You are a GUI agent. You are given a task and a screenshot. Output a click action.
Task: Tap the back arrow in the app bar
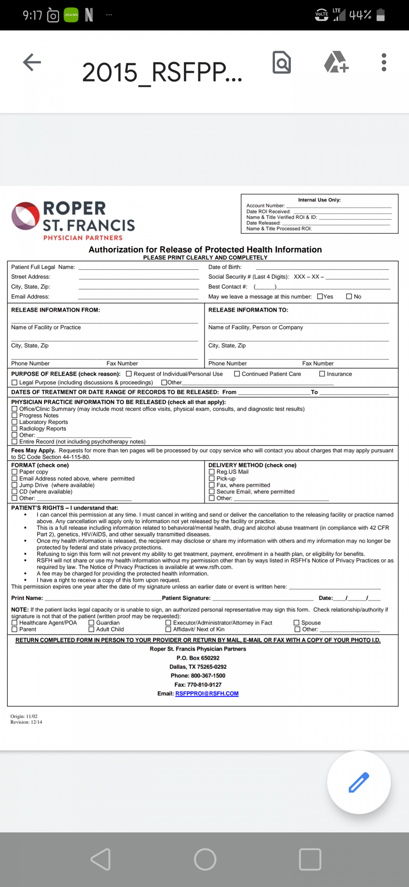pyautogui.click(x=32, y=62)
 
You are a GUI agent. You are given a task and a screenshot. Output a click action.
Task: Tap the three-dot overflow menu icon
pyautogui.click(x=384, y=62)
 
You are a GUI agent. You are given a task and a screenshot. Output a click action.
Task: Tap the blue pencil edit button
pyautogui.click(x=359, y=782)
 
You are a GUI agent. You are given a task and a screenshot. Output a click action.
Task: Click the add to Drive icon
pyautogui.click(x=336, y=62)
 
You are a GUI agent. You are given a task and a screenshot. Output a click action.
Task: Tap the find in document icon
pyautogui.click(x=282, y=62)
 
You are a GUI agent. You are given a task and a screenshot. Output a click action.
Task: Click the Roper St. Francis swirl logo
pyautogui.click(x=25, y=216)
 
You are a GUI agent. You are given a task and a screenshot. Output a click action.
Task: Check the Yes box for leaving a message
pyautogui.click(x=320, y=297)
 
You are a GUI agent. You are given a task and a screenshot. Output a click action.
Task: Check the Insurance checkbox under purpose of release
pyautogui.click(x=322, y=374)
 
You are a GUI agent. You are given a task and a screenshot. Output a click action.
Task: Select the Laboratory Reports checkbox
pyautogui.click(x=15, y=422)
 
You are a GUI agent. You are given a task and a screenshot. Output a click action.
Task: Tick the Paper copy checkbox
pyautogui.click(x=15, y=472)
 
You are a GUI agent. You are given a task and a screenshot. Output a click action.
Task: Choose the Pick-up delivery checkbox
pyautogui.click(x=212, y=479)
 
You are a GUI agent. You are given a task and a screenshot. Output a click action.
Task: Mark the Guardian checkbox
pyautogui.click(x=91, y=623)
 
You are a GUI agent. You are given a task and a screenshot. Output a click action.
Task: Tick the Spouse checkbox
pyautogui.click(x=297, y=623)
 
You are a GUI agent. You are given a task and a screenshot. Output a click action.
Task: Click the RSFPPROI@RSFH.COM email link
pyautogui.click(x=207, y=694)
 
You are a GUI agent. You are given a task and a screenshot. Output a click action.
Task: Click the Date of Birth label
pyautogui.click(x=225, y=267)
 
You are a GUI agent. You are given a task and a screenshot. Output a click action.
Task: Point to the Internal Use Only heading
pyautogui.click(x=319, y=200)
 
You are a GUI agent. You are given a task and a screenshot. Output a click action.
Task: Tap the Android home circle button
pyautogui.click(x=205, y=859)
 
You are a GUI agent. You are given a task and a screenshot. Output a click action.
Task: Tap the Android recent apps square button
pyautogui.click(x=310, y=859)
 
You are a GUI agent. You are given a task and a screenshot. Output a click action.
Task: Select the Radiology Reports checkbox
pyautogui.click(x=15, y=428)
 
